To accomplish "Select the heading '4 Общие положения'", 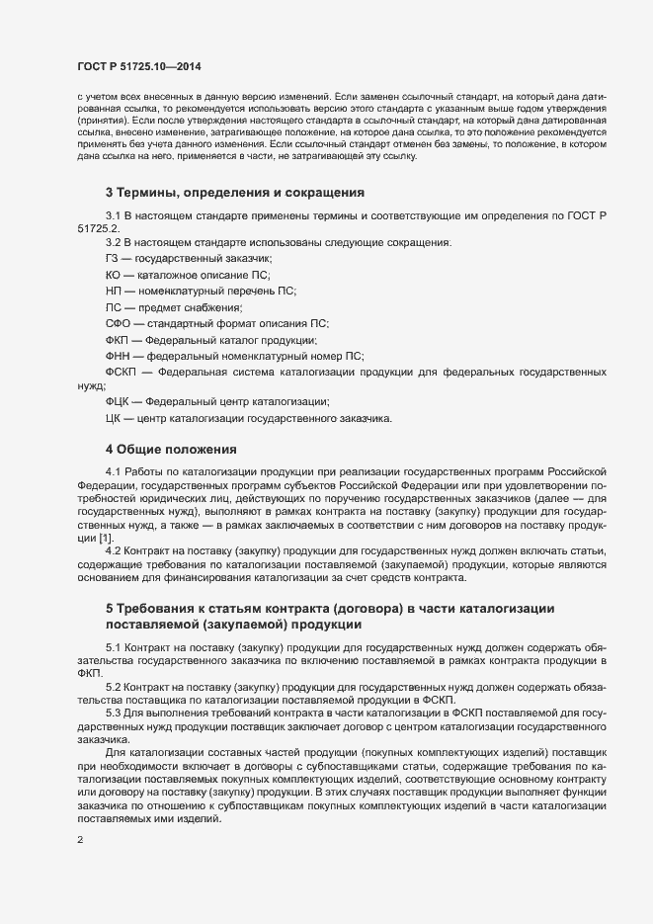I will click(171, 449).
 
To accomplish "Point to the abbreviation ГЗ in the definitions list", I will click(112, 257).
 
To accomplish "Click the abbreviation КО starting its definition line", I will click(113, 274).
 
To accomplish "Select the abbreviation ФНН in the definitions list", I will click(118, 357).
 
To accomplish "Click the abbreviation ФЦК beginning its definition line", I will click(118, 402).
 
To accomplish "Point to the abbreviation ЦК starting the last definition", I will click(113, 419).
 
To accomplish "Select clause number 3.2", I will click(114, 241).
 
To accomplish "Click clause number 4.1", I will click(114, 472).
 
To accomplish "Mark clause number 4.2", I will click(114, 549).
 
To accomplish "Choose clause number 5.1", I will click(114, 644).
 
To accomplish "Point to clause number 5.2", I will click(114, 684).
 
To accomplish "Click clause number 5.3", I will click(114, 712).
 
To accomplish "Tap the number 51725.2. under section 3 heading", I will click(97, 228).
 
